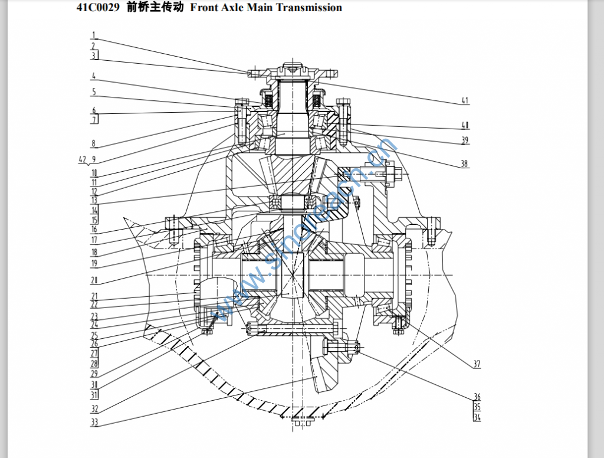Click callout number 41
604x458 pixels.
point(465,100)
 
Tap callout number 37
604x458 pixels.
point(477,364)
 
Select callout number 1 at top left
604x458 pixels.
point(94,35)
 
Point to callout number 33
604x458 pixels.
point(94,422)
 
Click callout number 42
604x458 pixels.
point(83,159)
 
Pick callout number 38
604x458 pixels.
point(464,163)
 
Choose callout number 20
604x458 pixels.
point(94,280)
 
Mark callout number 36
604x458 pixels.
point(477,396)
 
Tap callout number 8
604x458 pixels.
point(93,144)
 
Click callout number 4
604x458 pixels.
point(94,76)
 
